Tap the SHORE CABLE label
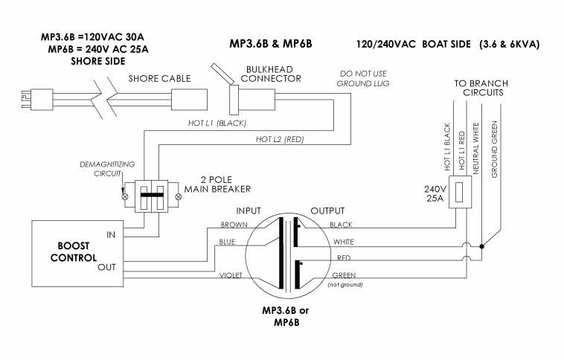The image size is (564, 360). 160,78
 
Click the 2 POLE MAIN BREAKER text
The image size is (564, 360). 219,187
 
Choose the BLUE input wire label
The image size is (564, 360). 228,241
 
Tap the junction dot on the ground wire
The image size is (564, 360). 483,245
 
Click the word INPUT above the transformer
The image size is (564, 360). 252,210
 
